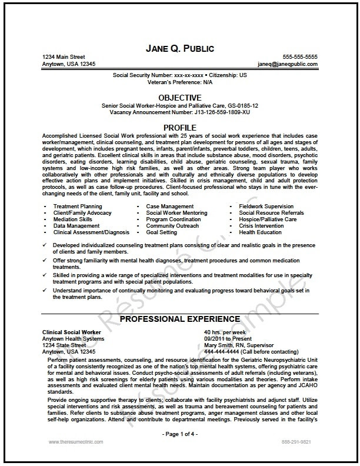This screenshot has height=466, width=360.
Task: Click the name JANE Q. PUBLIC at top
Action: click(180, 48)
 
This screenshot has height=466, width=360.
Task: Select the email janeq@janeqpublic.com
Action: click(288, 64)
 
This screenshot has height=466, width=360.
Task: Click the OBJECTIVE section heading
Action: click(180, 97)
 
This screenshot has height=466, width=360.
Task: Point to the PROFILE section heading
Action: click(180, 127)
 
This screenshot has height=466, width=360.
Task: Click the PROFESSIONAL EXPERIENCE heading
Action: click(180, 319)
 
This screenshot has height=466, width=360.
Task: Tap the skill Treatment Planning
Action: click(78, 207)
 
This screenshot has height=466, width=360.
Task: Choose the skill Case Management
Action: click(170, 207)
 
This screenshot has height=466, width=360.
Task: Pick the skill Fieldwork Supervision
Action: click(266, 207)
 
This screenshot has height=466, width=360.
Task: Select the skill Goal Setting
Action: click(162, 232)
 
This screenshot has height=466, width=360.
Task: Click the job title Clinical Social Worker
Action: click(72, 332)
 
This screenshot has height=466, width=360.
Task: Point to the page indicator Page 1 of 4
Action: click(180, 434)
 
